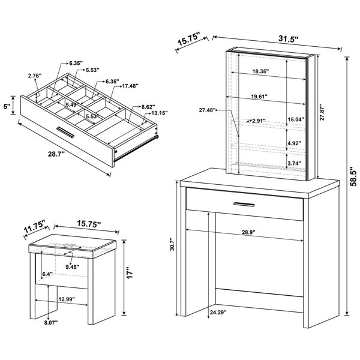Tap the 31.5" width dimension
pos(289,38)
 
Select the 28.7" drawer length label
pos(55,154)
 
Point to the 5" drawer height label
pos(7,106)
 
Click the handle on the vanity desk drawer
pos(244,204)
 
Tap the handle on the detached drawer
pos(65,132)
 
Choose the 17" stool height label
pos(130,273)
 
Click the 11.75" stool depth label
pos(35,227)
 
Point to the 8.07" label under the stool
pos(51,323)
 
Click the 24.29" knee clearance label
pos(218,312)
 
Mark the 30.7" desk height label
pos(173,244)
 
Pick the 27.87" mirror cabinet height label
pos(322,113)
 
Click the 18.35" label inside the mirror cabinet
pos(260,71)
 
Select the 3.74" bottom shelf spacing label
pos(295,163)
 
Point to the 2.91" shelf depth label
pos(259,121)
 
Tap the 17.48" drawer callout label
pos(130,86)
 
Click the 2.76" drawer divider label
pos(35,76)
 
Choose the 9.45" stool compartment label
pos(73,267)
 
